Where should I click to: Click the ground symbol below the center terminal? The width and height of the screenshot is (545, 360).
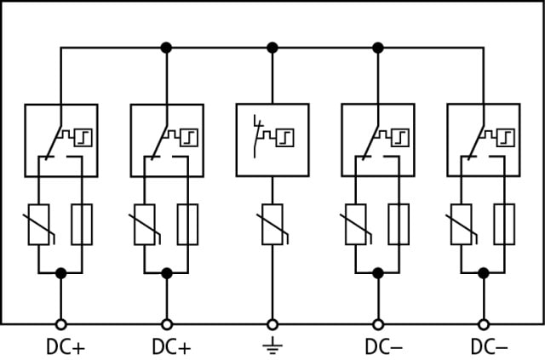(x=272, y=346)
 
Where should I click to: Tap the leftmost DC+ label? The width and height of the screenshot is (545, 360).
(x=66, y=347)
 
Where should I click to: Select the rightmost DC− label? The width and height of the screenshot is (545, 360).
(x=489, y=347)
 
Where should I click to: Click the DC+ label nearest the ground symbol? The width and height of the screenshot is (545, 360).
(x=171, y=347)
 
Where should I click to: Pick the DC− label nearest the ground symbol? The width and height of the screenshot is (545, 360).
(x=383, y=347)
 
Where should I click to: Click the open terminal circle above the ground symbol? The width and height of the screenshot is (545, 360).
(x=272, y=324)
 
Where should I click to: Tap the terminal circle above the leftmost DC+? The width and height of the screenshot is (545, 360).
(x=60, y=324)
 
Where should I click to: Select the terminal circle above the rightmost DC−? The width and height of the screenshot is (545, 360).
(x=484, y=324)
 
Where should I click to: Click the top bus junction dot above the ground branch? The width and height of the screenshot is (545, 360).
(x=272, y=48)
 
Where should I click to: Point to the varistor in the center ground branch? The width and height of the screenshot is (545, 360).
(x=272, y=225)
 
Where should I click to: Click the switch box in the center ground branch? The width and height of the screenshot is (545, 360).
(x=272, y=140)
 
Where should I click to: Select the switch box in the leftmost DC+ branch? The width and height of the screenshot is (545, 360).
(x=60, y=140)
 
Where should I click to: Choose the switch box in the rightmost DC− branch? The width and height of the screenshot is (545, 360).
(x=484, y=140)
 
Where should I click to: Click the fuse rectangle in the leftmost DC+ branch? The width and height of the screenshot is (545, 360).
(x=82, y=225)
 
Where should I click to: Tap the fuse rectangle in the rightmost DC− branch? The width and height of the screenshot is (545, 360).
(x=505, y=225)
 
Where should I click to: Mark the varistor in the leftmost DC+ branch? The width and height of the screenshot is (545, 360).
(x=38, y=225)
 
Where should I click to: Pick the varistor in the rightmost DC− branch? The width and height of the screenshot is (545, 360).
(x=462, y=225)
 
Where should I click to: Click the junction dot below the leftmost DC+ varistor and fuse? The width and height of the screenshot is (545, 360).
(x=60, y=273)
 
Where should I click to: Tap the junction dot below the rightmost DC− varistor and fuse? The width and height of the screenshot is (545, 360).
(x=484, y=273)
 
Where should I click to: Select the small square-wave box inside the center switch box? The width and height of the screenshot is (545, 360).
(x=285, y=138)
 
